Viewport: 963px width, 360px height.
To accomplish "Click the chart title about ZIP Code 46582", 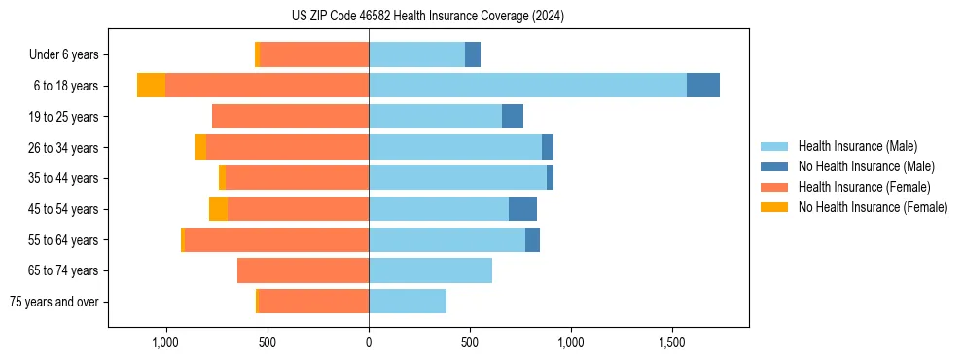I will [427, 16].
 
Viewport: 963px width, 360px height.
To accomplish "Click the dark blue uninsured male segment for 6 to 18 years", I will [703, 86].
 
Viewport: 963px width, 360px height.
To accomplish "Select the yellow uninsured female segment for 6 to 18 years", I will [151, 86].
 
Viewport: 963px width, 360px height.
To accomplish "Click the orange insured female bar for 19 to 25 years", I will [290, 117].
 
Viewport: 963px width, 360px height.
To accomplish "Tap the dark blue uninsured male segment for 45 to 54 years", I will [522, 209].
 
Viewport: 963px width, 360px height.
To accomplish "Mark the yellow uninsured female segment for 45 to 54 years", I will [218, 209].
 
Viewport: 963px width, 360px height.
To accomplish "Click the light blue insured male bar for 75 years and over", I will [408, 302].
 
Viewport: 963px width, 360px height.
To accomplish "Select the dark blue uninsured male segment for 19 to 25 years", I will [513, 117].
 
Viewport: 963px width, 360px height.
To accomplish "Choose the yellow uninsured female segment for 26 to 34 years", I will [200, 147].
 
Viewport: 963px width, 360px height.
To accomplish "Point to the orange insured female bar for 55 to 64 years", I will [276, 240].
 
